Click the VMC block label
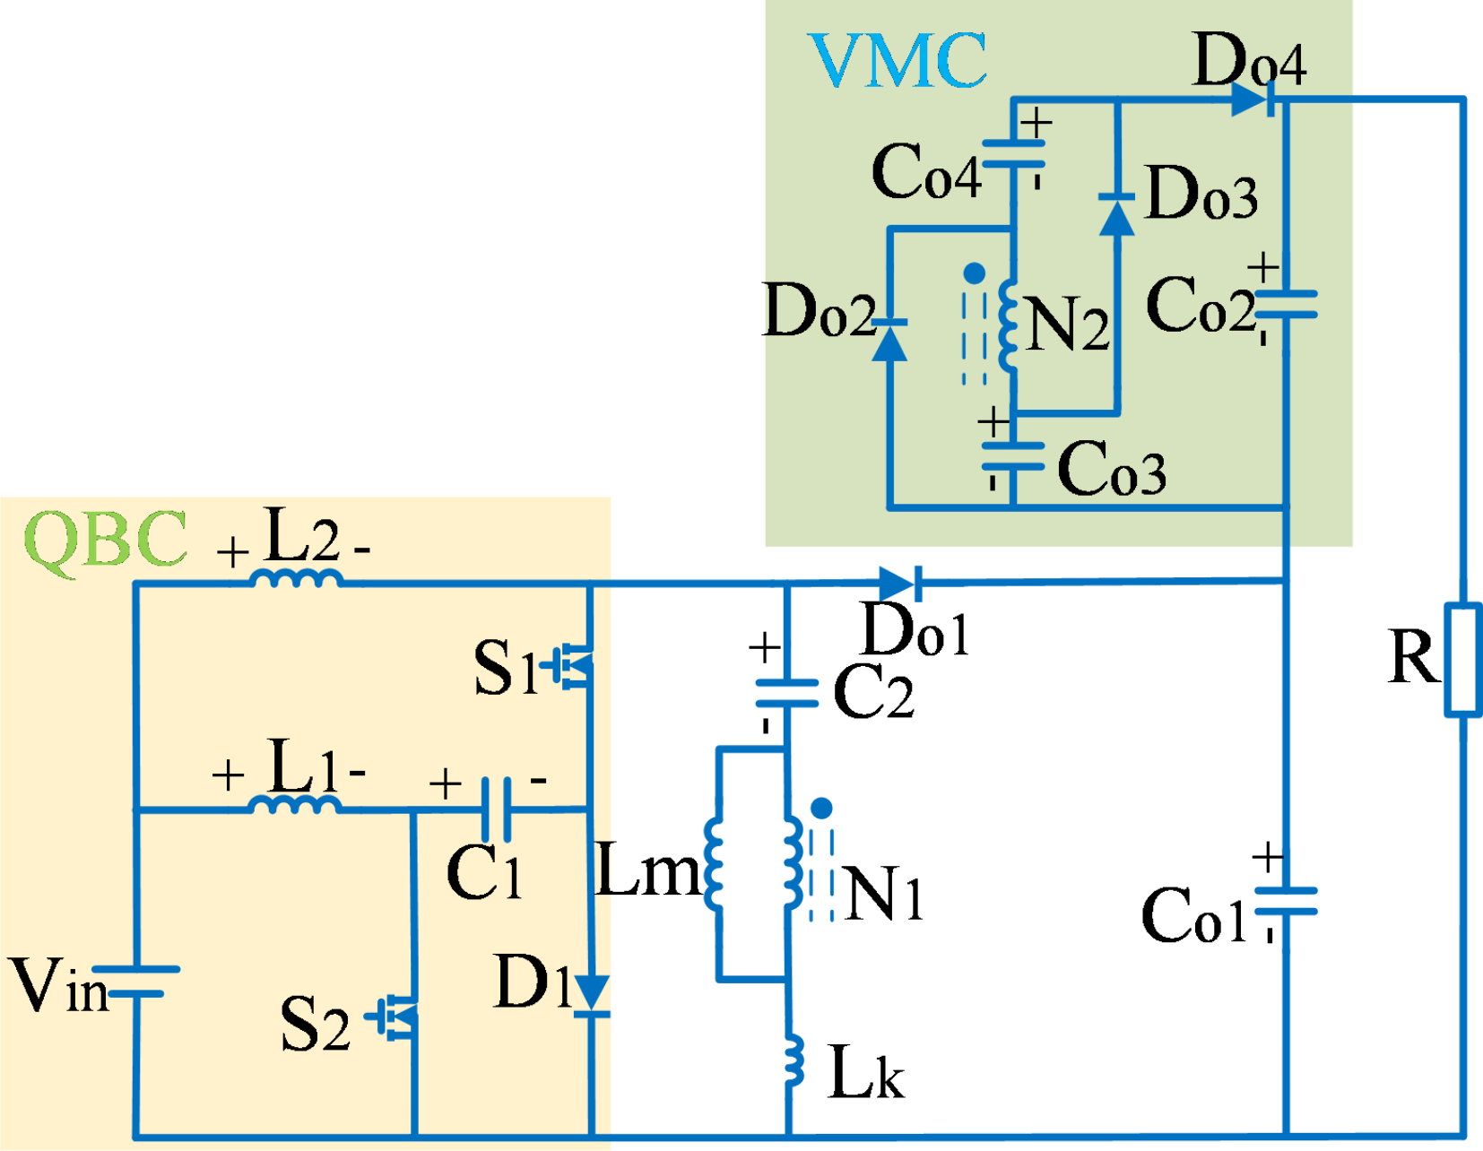(x=898, y=60)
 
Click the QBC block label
(x=106, y=539)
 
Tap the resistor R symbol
(x=1462, y=661)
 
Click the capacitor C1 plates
(x=496, y=809)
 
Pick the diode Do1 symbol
(x=900, y=584)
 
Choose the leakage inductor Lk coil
(x=794, y=1060)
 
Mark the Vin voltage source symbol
(x=136, y=982)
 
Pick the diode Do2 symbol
(x=889, y=337)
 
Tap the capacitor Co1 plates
(x=1286, y=901)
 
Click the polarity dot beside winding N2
(x=975, y=273)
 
